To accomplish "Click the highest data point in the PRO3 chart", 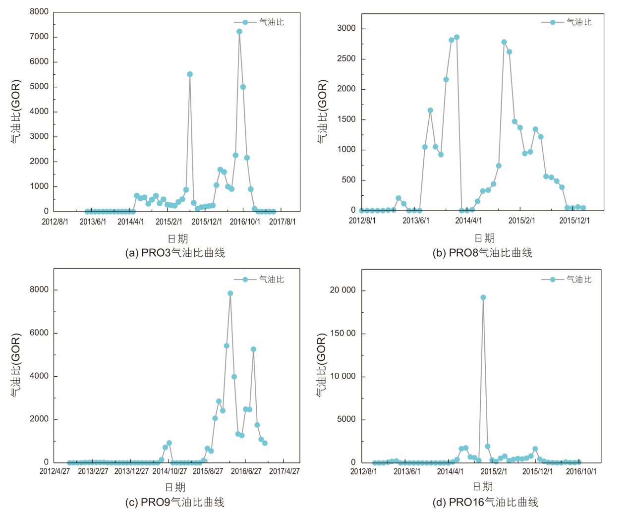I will pos(239,32).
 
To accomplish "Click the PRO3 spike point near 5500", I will pos(190,74).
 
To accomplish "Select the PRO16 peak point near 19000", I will pos(483,297).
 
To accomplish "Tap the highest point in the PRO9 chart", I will pos(230,293).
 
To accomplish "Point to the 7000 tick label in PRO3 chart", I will pos(39,37).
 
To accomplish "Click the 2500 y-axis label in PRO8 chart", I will pos(346,58).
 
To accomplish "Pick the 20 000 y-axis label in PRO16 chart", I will pos(343,290).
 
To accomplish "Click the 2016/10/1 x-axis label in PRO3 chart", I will pos(245,222).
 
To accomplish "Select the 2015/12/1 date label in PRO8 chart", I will pos(574,221).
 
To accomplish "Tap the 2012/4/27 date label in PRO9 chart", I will pos(55,471).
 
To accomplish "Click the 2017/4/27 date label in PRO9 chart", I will pos(285,471).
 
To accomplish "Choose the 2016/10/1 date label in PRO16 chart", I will pos(581,471).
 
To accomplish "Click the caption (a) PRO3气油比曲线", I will pos(175,253).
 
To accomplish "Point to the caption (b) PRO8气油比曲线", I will pos(482,253).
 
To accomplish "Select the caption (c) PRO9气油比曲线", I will pos(175,502).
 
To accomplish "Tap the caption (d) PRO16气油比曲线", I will pos(485,502).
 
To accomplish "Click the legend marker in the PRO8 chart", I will pos(553,22).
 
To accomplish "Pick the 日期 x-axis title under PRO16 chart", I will pos(483,486).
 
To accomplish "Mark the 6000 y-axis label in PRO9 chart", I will pos(39,333).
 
